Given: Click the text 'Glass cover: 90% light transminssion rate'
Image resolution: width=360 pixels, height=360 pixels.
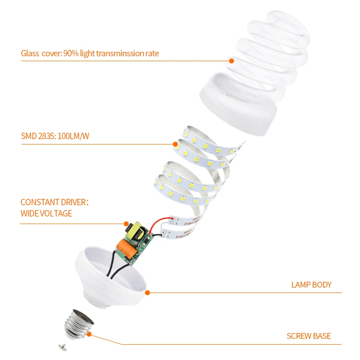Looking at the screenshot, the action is click(90, 54).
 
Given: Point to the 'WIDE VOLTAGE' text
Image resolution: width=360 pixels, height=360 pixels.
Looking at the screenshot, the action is click(46, 213).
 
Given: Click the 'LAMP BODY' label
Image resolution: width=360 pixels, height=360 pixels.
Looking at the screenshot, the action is click(311, 284).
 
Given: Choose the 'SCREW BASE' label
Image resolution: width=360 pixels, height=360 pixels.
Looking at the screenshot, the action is click(309, 336).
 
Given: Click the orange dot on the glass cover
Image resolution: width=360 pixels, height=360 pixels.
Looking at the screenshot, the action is click(232, 60).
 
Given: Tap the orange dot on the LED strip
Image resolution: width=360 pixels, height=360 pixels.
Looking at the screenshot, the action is click(175, 144).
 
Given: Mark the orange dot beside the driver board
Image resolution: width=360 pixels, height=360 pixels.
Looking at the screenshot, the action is click(126, 223).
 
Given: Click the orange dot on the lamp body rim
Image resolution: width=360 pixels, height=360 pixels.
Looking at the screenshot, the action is click(147, 292).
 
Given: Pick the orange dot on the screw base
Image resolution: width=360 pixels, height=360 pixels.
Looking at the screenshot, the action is click(89, 334).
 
